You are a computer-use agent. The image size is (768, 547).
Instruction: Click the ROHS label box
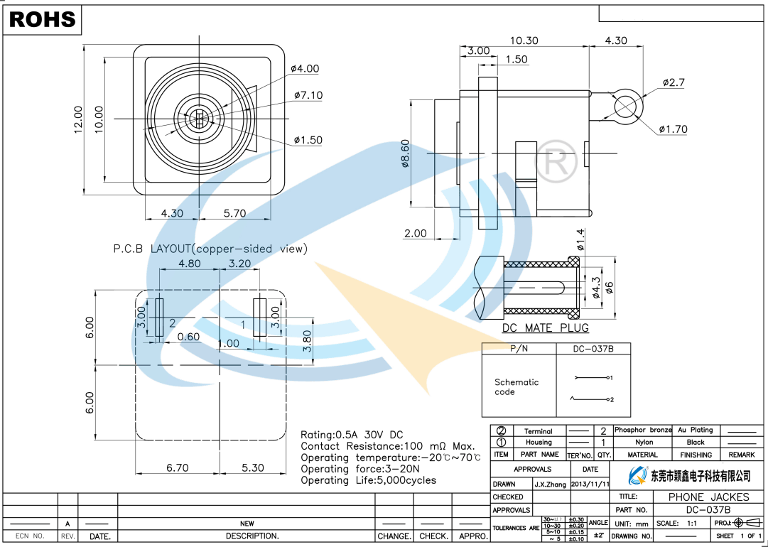(x=42, y=19)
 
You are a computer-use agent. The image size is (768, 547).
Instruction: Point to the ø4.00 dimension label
(x=305, y=69)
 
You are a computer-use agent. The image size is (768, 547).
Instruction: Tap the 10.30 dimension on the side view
(x=524, y=40)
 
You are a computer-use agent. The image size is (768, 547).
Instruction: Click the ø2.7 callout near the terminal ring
(x=674, y=82)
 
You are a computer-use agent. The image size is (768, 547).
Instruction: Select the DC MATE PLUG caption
(x=545, y=328)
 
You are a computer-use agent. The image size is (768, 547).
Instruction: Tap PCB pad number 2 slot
(x=158, y=318)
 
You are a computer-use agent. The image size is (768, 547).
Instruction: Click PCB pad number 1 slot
(x=260, y=318)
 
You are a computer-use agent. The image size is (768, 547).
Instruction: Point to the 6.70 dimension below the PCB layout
(x=177, y=468)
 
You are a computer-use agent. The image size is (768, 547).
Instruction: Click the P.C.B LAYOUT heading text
(x=210, y=249)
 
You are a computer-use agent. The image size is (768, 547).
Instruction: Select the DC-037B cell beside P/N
(x=593, y=349)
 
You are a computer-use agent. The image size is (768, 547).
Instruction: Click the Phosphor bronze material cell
(x=643, y=430)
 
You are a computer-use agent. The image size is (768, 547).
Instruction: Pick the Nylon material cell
(x=643, y=442)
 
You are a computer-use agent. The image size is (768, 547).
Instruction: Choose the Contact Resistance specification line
(x=387, y=446)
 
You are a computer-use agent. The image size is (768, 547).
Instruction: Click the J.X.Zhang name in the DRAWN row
(x=550, y=484)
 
